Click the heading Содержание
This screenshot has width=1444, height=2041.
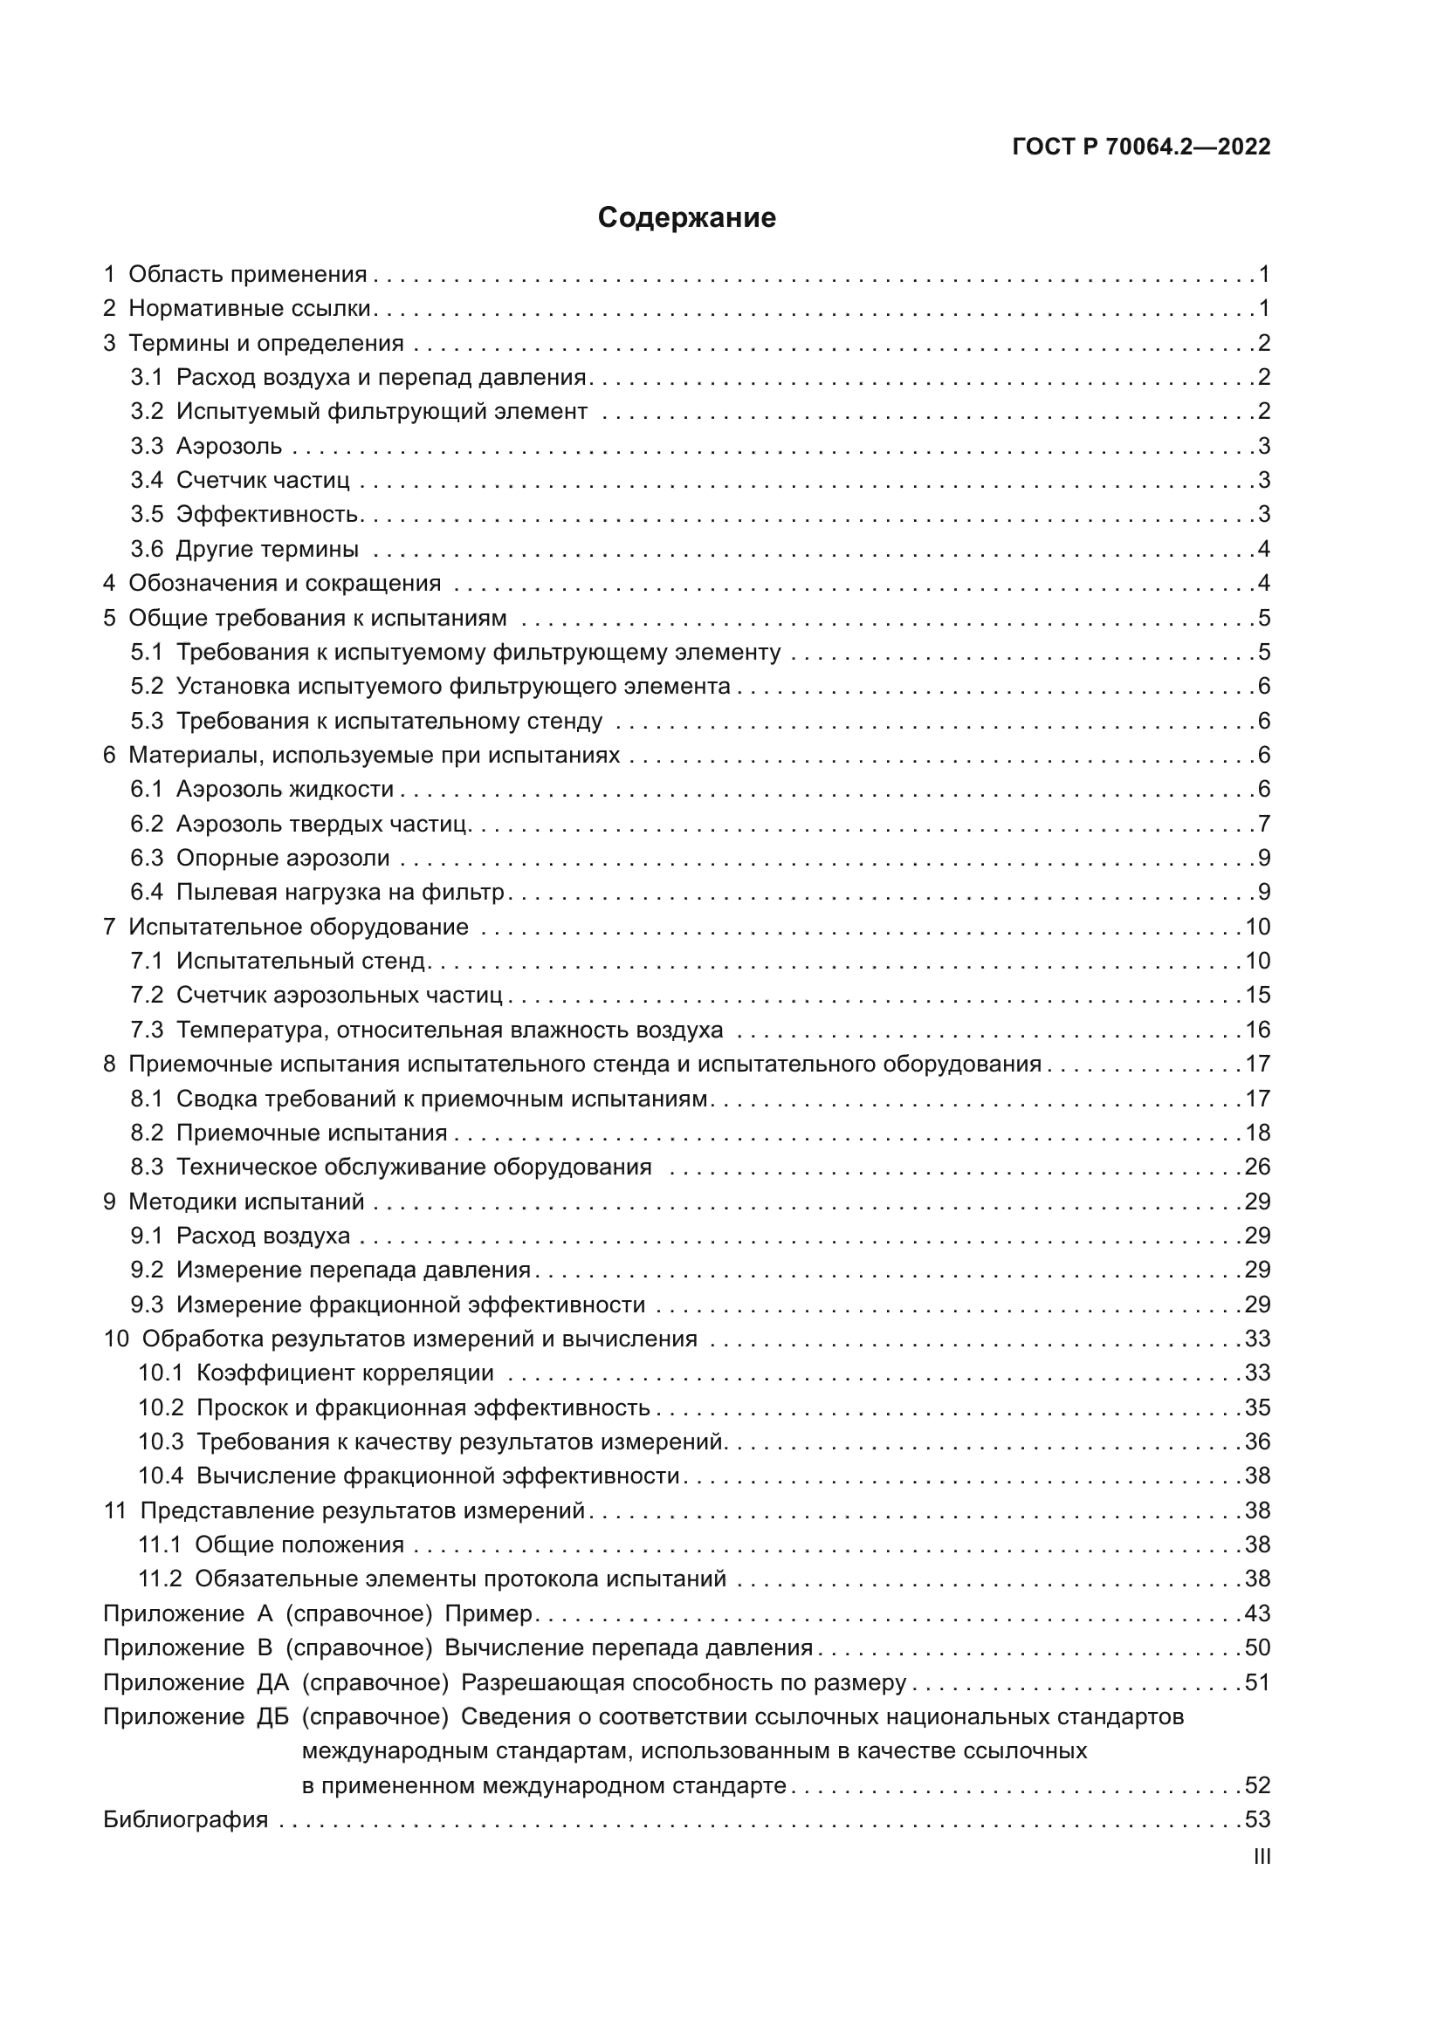[686, 218]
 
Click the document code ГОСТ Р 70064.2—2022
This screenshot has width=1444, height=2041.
[1141, 147]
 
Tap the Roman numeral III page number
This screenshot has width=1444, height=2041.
[1261, 1856]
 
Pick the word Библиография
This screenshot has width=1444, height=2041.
[186, 1819]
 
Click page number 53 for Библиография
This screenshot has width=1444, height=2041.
[1257, 1819]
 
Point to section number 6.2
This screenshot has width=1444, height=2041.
[147, 824]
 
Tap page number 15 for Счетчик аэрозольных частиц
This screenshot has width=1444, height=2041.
[1257, 995]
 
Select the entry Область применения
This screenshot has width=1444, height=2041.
[247, 274]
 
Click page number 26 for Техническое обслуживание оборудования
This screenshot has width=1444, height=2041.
[1257, 1167]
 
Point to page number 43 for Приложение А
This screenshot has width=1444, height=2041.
[1257, 1613]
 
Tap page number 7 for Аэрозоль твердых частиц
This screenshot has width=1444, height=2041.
[1263, 824]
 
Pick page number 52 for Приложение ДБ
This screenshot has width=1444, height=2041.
[1257, 1786]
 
